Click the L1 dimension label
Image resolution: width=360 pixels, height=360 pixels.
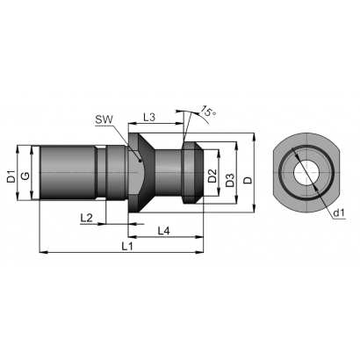127,247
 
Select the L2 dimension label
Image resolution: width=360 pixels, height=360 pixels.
86,218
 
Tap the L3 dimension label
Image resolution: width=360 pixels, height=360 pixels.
149,118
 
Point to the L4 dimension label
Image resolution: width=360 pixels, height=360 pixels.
164,231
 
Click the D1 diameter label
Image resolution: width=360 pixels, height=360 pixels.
11,176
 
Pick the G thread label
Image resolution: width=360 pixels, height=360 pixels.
25,176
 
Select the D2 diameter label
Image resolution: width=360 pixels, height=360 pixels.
212,176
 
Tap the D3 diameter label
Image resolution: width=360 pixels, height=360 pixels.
230,180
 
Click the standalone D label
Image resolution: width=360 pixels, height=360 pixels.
248,180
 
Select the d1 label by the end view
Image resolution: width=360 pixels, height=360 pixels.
340,213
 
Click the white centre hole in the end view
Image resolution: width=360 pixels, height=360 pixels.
306,172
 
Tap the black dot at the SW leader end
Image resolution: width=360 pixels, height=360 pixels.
140,161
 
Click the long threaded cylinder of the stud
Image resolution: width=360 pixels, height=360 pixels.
68,173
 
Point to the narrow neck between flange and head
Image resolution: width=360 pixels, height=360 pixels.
168,173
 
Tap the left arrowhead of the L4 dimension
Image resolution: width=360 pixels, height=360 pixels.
132,236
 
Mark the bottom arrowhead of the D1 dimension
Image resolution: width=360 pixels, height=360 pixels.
18,197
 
